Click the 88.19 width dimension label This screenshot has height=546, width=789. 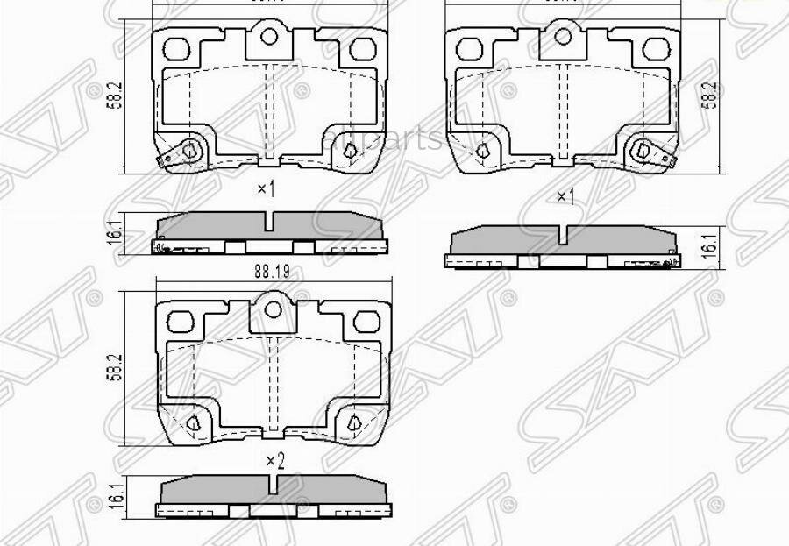point(274,272)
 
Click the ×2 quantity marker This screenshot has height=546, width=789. point(274,460)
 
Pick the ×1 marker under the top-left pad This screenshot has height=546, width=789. point(266,188)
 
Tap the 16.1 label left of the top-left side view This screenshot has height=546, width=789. point(110,234)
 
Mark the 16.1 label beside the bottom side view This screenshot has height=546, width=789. point(110,493)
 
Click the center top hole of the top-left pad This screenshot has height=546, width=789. point(272,38)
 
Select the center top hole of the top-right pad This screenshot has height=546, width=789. point(565,38)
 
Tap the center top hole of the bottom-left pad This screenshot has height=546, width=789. point(274,308)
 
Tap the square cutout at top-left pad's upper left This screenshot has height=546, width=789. point(179,47)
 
